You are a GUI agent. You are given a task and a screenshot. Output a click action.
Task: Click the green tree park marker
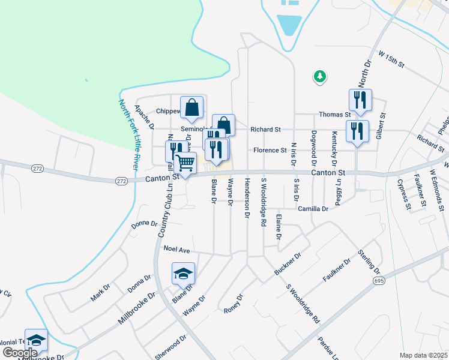(x=320, y=76)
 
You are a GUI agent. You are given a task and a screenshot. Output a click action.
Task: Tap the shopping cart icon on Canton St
(x=185, y=163)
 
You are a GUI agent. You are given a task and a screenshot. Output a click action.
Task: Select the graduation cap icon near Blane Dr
(x=183, y=274)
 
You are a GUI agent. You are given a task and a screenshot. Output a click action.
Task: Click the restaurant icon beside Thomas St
(x=360, y=100)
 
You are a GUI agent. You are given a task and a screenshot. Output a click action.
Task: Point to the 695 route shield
(x=379, y=280)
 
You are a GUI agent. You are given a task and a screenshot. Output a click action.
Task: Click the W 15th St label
(x=392, y=59)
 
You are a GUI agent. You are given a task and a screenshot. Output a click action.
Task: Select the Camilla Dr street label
(x=313, y=209)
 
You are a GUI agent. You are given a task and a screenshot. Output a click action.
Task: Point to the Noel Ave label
(x=176, y=248)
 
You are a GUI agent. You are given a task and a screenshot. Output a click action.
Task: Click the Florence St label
(x=270, y=150)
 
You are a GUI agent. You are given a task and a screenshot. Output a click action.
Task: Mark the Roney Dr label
(x=233, y=304)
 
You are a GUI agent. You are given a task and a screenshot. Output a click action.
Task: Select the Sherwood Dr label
(x=171, y=347)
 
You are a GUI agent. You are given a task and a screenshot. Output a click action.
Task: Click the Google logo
(x=20, y=353)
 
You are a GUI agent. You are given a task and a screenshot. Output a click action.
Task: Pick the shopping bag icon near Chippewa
(x=192, y=109)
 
